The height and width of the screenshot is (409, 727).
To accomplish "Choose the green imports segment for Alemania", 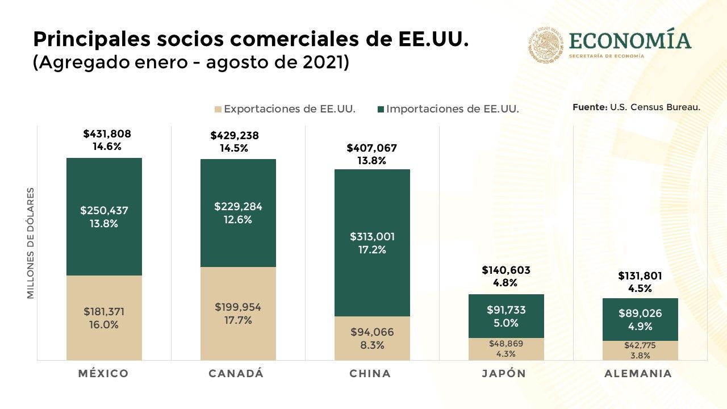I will tap(640, 307).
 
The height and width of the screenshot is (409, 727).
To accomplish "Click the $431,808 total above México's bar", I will tap(107, 134).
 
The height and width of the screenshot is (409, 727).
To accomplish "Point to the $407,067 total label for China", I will tap(371, 148).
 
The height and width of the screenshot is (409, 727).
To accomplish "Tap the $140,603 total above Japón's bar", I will tap(505, 270).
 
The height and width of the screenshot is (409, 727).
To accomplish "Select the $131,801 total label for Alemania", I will tap(640, 276).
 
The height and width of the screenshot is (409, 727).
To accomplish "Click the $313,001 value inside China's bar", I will tap(372, 236).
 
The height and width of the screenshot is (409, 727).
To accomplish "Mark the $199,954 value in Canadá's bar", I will tap(238, 307).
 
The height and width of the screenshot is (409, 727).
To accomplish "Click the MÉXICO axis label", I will tap(103, 373).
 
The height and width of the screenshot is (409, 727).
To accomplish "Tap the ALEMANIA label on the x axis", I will tap(638, 373).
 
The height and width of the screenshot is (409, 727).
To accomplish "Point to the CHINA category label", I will tap(370, 373).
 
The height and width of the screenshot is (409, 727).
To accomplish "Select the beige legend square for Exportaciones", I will tap(218, 109).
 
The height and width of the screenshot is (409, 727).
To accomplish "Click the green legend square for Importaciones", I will tap(380, 109).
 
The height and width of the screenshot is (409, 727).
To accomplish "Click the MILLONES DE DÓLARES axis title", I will tap(31, 243).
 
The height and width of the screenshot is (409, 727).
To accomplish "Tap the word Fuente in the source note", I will tap(590, 107).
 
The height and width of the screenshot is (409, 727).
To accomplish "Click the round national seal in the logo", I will tap(546, 45).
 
